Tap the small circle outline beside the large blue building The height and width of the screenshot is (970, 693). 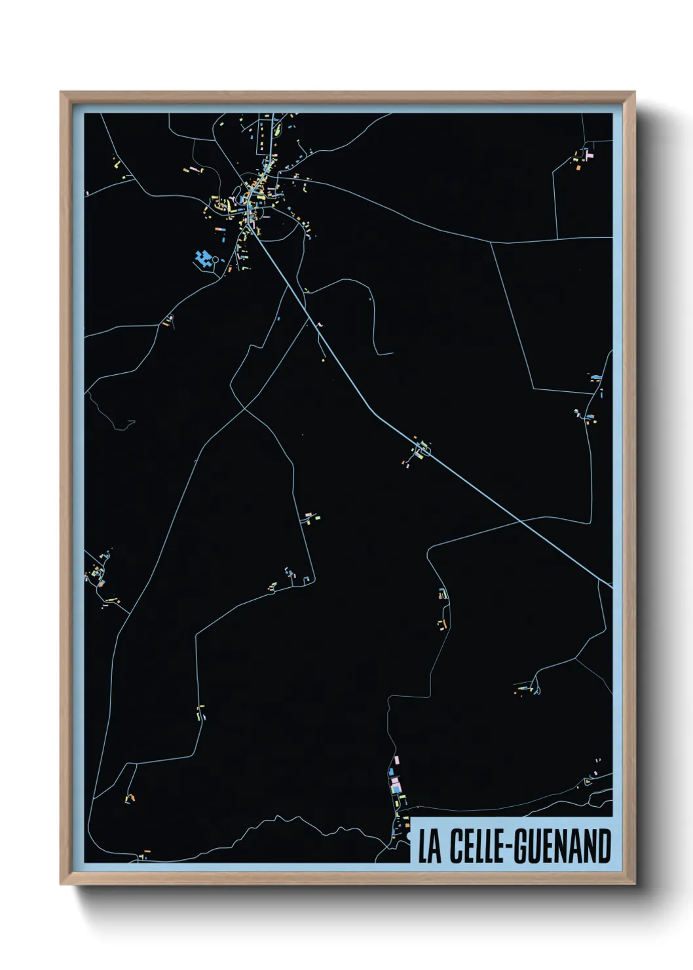pos(215,260)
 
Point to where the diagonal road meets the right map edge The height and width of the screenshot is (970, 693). pos(611,586)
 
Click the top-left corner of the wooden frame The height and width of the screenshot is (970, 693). pos(61,92)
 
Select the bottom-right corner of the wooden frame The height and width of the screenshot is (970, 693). pos(635,884)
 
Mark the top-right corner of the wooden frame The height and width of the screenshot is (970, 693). pos(635,92)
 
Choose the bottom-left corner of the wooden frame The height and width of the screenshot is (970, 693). pos(61,884)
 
